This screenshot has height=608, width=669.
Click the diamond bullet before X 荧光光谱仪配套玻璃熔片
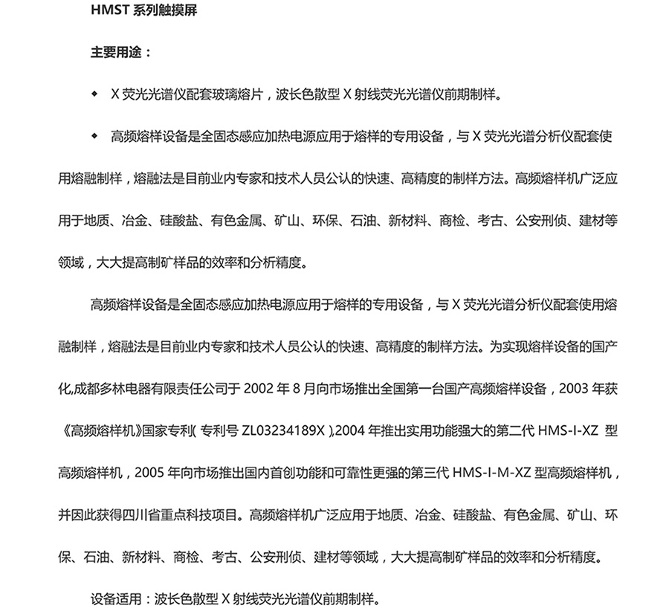tap(94, 94)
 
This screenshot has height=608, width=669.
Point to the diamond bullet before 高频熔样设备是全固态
tap(94, 136)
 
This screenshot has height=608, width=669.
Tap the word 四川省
tap(137, 513)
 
